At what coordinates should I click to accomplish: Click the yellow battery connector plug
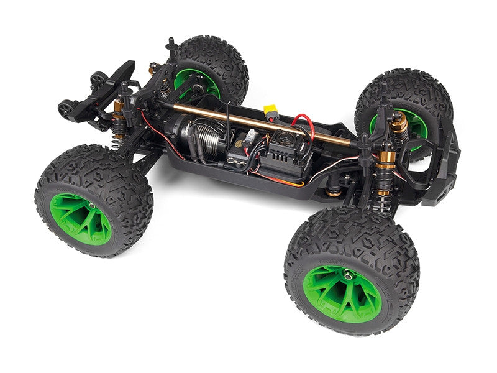271,114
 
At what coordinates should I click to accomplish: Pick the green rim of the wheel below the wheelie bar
81,218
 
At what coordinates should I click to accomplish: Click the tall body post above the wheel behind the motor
171,47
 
